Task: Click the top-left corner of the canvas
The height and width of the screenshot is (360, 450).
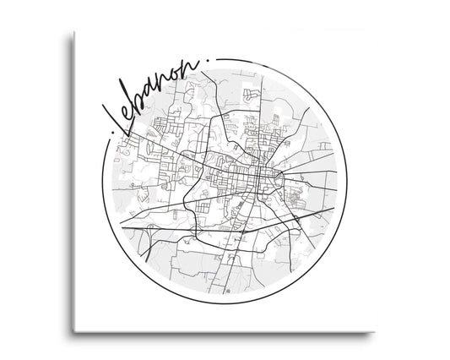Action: coord(73,32)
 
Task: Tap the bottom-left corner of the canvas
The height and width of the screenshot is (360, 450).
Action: coord(73,330)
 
